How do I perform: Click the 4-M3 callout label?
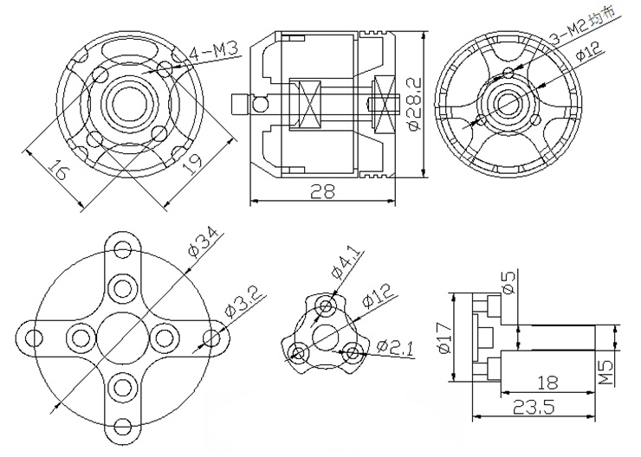214,53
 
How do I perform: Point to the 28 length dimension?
322,191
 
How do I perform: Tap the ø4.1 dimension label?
347,265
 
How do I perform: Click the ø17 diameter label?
444,338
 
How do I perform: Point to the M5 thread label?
608,372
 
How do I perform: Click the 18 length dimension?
547,383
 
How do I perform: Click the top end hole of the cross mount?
123,249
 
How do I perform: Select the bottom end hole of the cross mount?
123,428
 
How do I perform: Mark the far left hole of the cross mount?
34,338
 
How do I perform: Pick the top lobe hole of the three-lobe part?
326,306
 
